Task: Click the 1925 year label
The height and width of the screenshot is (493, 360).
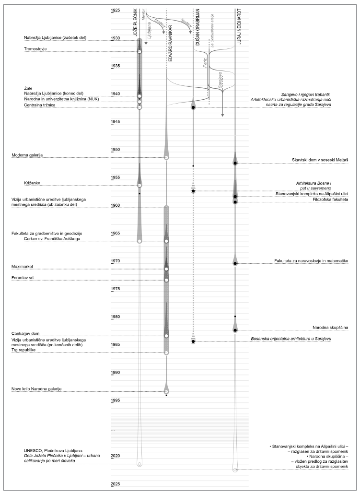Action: click(x=116, y=10)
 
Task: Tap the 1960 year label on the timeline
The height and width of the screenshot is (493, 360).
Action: click(x=116, y=205)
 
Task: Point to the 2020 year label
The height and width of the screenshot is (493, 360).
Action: click(x=116, y=456)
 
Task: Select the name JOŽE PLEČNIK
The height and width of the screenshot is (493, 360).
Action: click(x=135, y=24)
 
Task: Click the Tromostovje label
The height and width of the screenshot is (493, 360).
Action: click(x=35, y=49)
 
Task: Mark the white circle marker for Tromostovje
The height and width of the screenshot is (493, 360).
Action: click(x=139, y=51)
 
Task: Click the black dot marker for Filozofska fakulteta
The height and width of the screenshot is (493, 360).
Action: click(x=235, y=202)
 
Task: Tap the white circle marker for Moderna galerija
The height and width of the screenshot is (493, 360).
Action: click(x=166, y=157)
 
